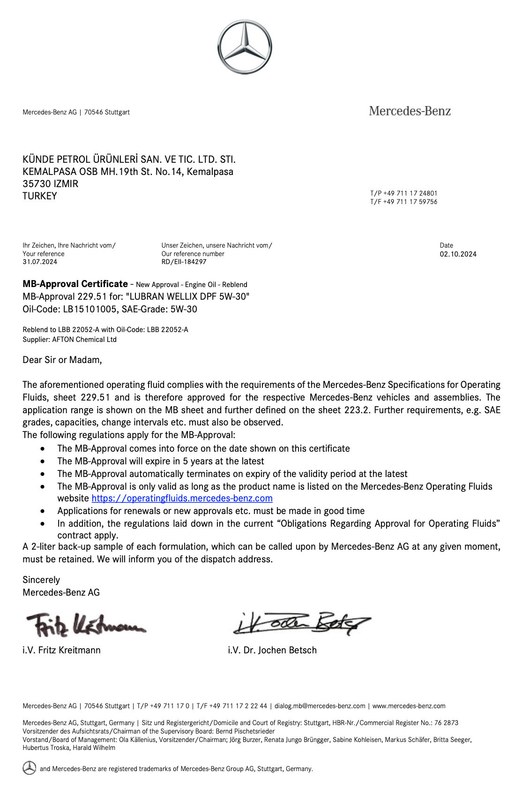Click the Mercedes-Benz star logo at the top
pos(244,47)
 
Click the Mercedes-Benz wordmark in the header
pos(410,111)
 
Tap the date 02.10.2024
pos(458,254)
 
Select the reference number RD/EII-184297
pos(184,262)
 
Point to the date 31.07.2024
pos(40,262)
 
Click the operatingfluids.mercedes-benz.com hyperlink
pos(182,498)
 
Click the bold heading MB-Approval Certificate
pos(75,284)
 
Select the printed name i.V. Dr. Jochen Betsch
pos(272,650)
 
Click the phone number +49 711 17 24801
pos(410,193)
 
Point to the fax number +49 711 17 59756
pos(410,202)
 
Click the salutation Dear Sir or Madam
pos(62,360)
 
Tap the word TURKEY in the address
pos(40,196)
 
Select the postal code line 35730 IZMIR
pos(51,184)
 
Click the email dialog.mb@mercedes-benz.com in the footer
pos(320,706)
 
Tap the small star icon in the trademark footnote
pos(29,768)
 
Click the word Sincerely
pos(41,580)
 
